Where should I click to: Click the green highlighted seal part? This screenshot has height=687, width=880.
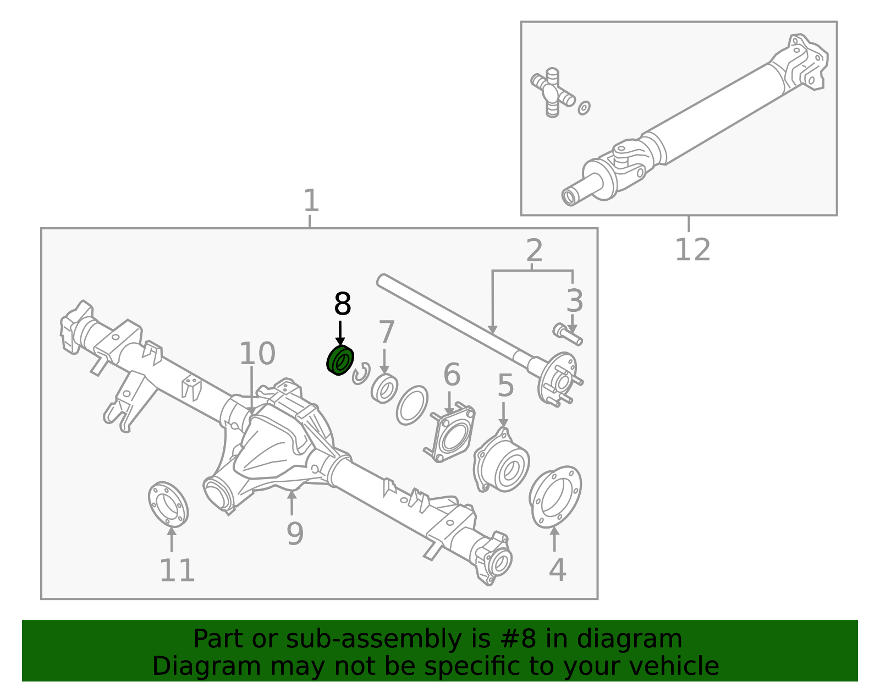pos(340,361)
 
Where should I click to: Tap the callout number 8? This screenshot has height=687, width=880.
pos(342,304)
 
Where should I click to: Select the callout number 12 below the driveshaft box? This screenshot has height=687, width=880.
pos(692,250)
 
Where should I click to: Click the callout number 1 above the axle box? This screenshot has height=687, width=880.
pos(311,201)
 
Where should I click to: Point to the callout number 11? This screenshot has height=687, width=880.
pos(177,570)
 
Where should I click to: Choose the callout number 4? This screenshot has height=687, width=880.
pos(557,570)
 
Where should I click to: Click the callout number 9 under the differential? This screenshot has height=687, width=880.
pos(295,533)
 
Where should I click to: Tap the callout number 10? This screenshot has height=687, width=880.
pos(257,354)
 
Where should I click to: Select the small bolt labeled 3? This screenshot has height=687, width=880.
pos(567,333)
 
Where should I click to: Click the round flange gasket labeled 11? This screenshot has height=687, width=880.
pos(168,503)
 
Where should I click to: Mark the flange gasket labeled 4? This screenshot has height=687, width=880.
pos(555,497)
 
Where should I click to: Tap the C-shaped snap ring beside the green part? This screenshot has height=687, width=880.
pos(362,374)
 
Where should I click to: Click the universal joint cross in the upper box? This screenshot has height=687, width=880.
pos(552,92)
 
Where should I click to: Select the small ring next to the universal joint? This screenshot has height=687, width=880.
pos(584,107)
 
